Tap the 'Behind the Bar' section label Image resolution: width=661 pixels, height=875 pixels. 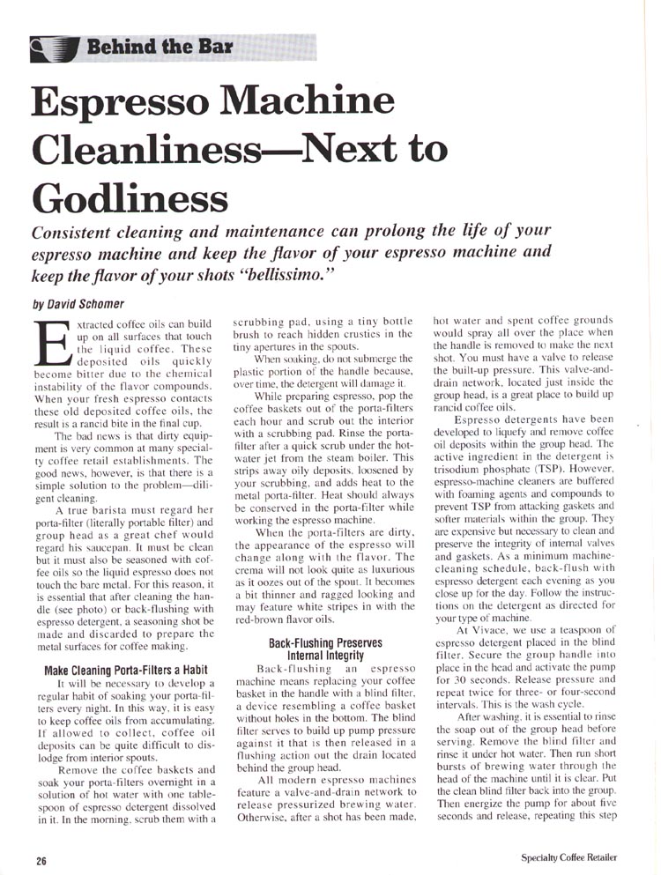pyautogui.click(x=159, y=45)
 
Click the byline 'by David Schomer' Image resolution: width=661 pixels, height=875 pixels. pyautogui.click(x=73, y=301)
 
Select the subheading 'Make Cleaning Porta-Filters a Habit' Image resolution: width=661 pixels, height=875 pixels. pyautogui.click(x=125, y=671)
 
